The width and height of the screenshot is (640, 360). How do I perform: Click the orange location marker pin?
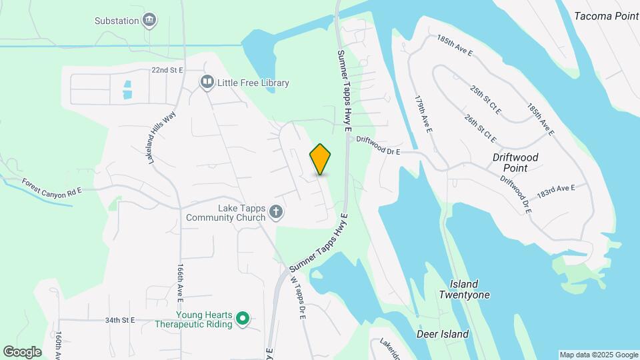pos(321,159)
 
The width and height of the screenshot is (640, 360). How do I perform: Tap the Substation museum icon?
pos(150,20)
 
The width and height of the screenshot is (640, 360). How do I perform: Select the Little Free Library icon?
pos(207,83)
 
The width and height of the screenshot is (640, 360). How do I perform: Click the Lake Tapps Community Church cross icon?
pos(276,213)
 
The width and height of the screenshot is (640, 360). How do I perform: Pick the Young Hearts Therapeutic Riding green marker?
pos(243,319)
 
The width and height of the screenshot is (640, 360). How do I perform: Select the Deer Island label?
pos(443,334)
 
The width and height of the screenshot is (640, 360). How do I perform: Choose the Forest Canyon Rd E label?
pos(51,186)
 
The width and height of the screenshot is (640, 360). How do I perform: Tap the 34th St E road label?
pos(120,320)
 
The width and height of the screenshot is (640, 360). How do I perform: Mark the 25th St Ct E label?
pos(485,99)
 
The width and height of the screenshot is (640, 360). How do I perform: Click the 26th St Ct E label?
pos(481,128)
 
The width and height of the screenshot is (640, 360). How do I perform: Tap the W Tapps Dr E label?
pos(297,298)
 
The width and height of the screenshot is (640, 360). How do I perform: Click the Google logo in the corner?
pos(22,351)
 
